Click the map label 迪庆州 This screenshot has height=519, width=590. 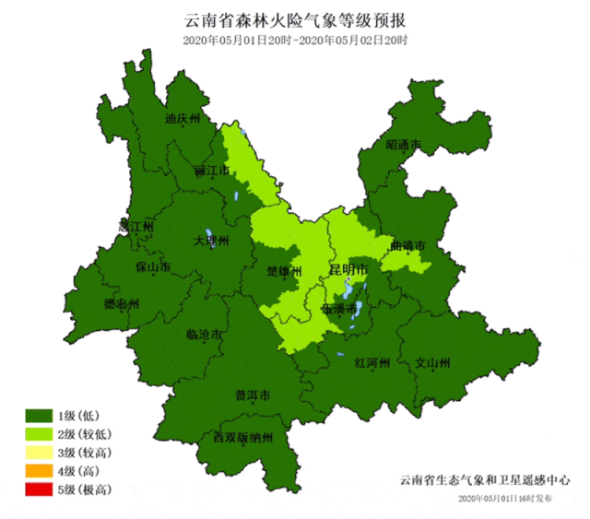pos(183,119)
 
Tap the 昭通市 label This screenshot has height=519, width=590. pos(403,146)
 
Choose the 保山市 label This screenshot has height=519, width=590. pos(152,268)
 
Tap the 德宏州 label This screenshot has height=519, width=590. pos(121,304)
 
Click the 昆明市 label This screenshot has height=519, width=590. pos(349,270)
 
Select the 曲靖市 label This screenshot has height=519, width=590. pos(407,247)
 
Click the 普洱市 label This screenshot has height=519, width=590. pos(252,396)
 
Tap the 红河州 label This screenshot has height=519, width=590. pos(373,362)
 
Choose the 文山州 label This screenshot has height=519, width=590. pos(432,362)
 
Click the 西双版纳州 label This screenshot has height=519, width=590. pos(243,438)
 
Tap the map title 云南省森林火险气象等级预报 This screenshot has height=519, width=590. pos(295,20)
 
